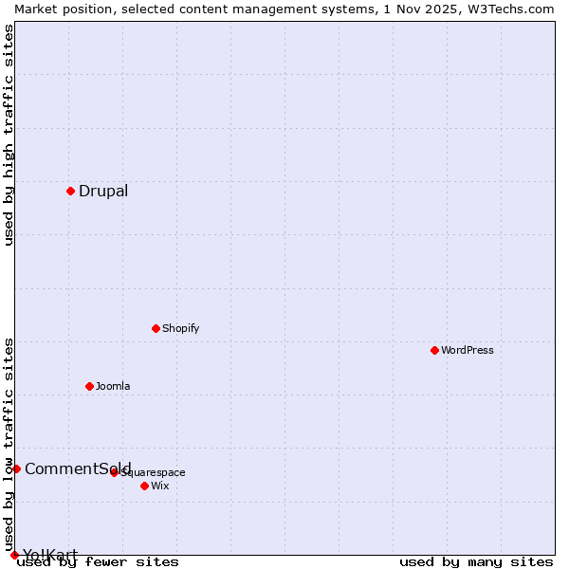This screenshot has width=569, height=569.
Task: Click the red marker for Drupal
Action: point(70,191)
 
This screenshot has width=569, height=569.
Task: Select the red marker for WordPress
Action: point(434,350)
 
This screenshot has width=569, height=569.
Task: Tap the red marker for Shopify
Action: point(156,328)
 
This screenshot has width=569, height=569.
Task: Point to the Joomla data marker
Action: point(89,386)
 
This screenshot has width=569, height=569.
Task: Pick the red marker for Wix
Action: point(144,486)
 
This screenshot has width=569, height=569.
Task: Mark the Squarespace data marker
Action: point(114,472)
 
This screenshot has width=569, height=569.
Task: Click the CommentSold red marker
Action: point(16,468)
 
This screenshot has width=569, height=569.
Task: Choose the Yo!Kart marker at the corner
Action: point(14,555)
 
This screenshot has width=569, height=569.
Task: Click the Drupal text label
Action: point(103,191)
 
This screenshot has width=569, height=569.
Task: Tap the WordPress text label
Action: point(468,350)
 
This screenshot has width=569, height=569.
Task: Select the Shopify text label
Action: point(180,328)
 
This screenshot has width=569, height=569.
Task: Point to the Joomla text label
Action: point(113,386)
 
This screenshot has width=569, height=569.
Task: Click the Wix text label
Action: point(160,486)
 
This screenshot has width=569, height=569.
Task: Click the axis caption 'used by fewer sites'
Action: point(98,562)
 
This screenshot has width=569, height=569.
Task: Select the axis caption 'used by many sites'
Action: point(476,562)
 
